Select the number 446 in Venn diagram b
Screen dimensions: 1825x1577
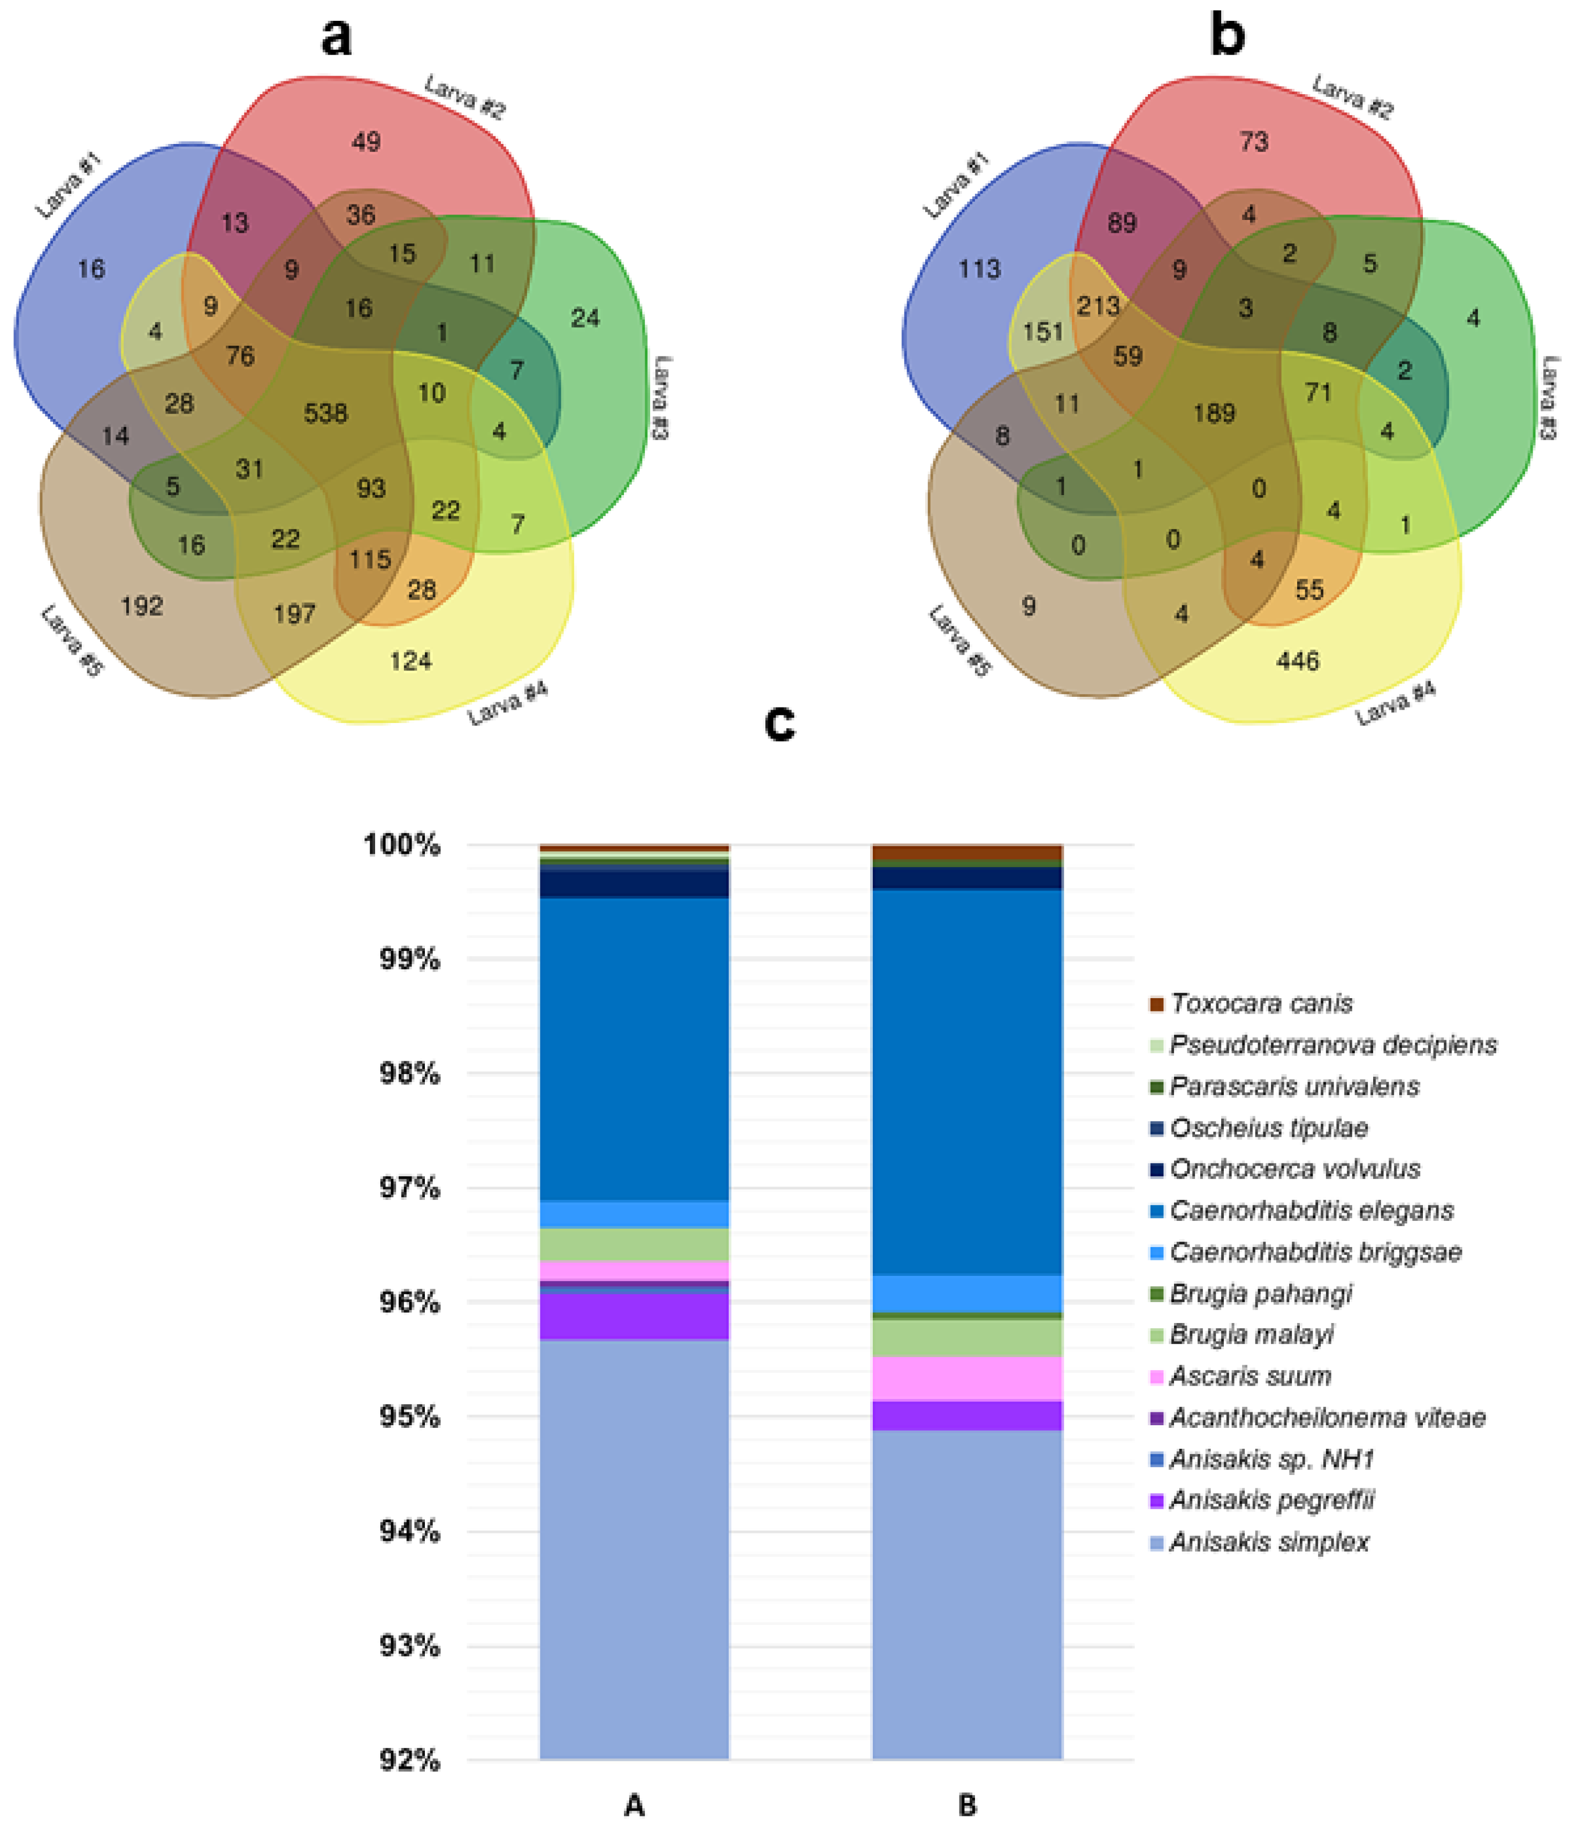(x=1297, y=660)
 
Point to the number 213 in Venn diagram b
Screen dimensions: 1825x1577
(x=1098, y=307)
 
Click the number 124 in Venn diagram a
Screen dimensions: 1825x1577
(x=410, y=660)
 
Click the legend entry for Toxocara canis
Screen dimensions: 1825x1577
(x=1261, y=1003)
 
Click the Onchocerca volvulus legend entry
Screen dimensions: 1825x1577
(x=1294, y=1169)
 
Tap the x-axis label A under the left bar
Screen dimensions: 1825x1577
(x=634, y=1806)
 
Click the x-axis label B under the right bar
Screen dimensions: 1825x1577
(x=967, y=1806)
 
